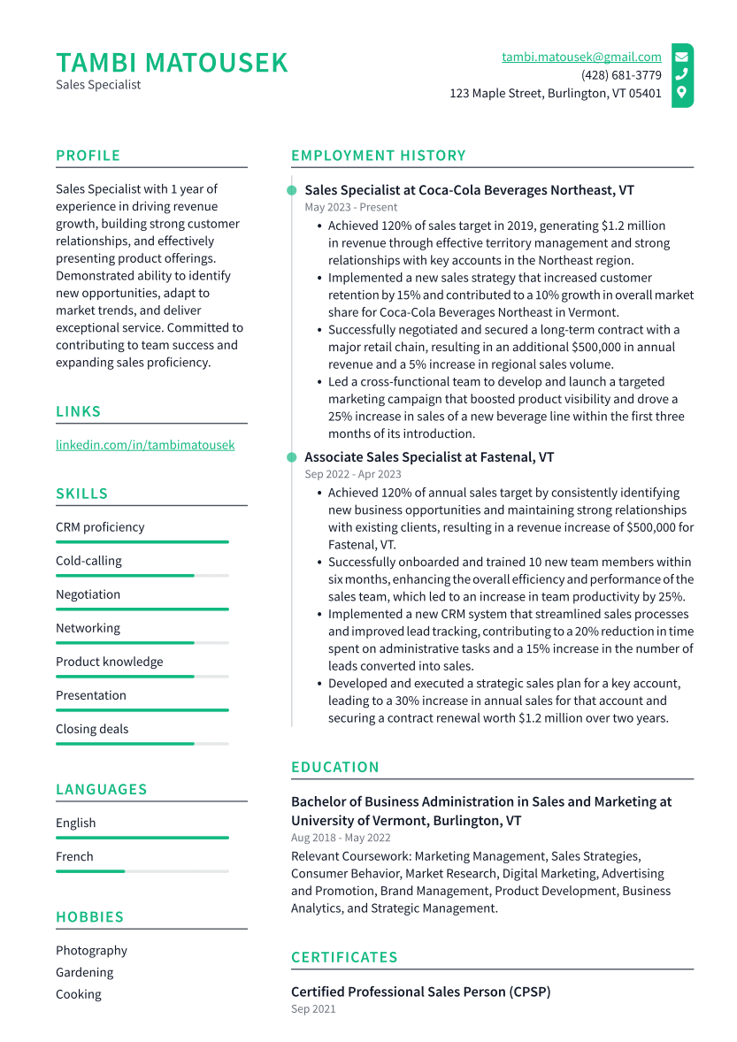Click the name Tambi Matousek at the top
point(172,63)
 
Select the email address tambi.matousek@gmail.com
point(581,57)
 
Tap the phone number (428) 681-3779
point(621,75)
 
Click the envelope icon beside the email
point(681,57)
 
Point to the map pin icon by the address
point(681,92)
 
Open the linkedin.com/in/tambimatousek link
point(145,445)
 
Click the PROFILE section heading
point(88,156)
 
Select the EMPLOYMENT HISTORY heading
point(378,156)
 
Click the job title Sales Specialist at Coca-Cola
point(469,190)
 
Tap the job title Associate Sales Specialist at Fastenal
point(429,457)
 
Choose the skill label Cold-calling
point(88,561)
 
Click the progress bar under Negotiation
point(142,609)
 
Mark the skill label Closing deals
point(92,729)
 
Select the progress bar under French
point(142,871)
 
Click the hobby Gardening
point(85,972)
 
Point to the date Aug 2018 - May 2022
point(341,838)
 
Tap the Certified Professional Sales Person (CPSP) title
point(420,992)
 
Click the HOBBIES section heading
point(89,917)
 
